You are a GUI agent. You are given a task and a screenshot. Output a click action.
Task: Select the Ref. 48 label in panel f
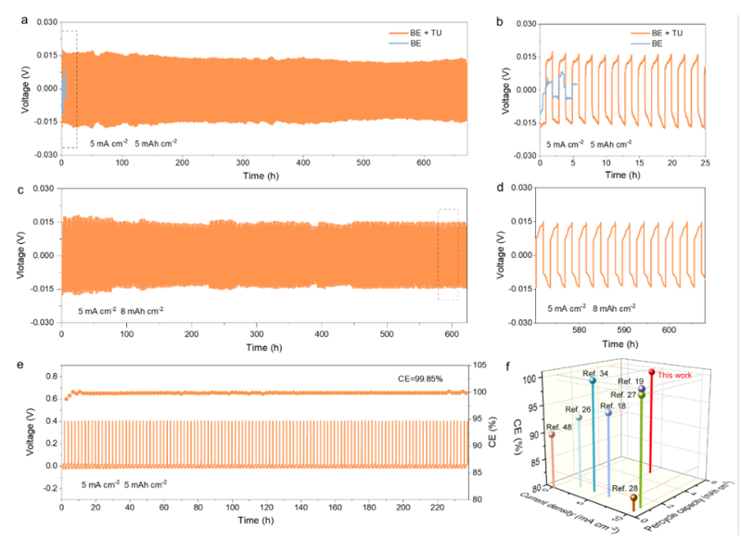(x=560, y=425)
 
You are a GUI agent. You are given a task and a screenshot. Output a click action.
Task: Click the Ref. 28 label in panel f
(x=624, y=488)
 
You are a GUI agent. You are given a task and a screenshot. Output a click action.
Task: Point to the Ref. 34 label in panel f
(x=595, y=373)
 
